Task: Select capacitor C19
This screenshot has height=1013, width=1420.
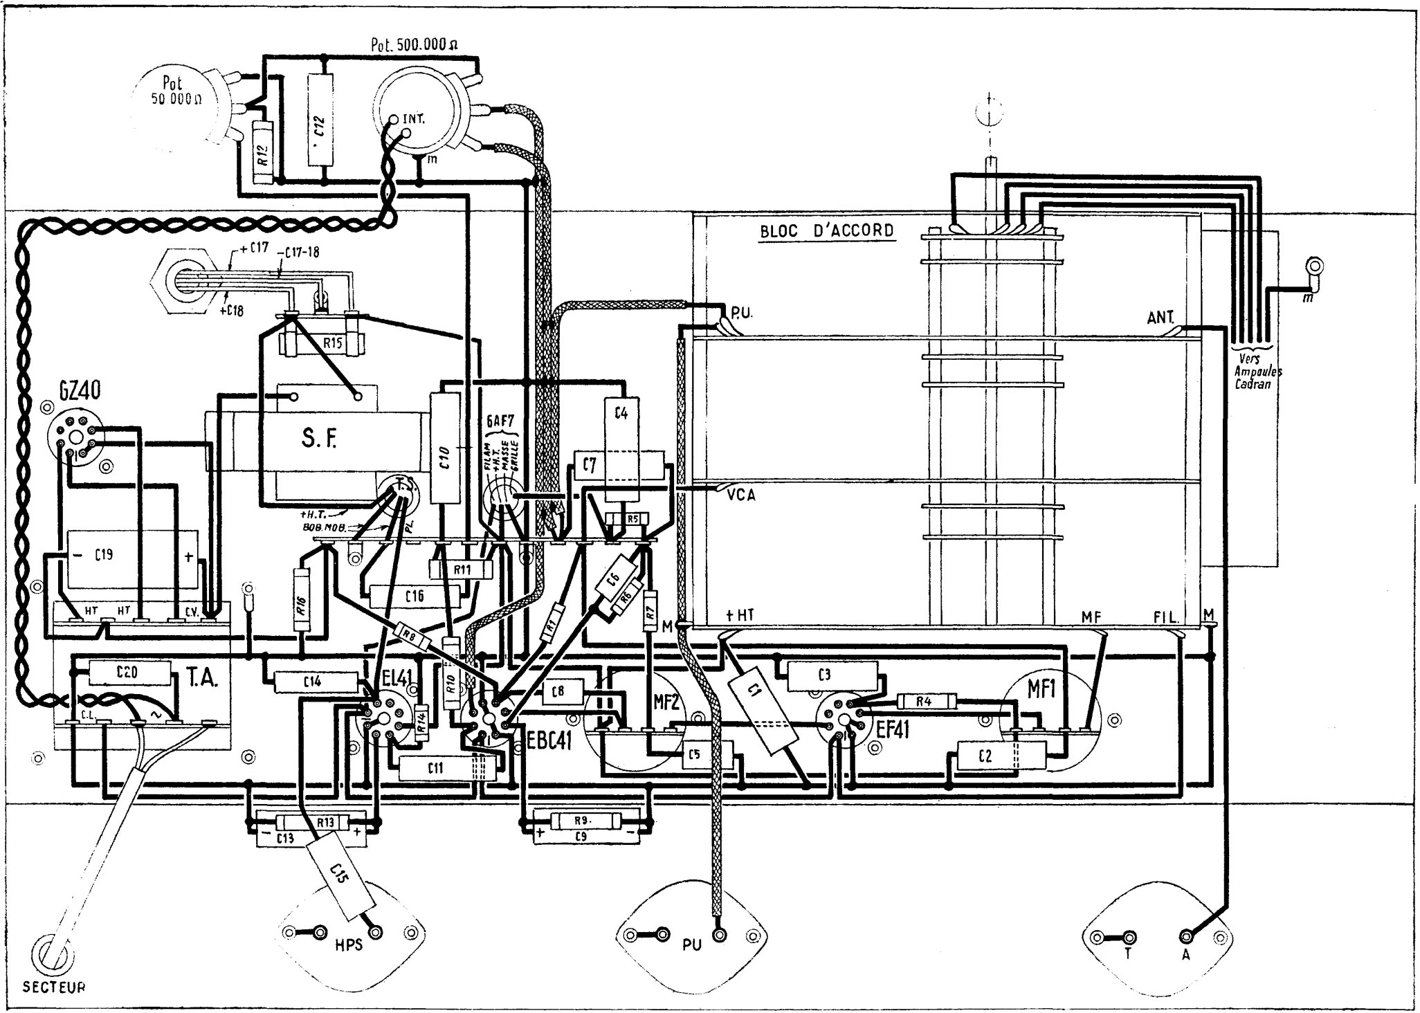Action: click(131, 555)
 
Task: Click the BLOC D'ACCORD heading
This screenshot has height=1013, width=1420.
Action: click(826, 230)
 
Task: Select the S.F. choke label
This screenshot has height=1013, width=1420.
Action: click(320, 439)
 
